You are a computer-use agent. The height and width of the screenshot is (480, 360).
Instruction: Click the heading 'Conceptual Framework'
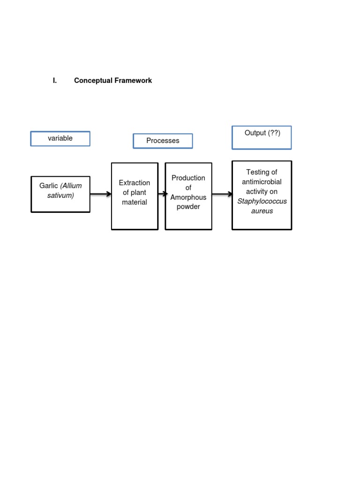click(x=113, y=81)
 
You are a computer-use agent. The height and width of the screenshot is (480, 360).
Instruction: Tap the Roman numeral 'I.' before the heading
click(x=55, y=81)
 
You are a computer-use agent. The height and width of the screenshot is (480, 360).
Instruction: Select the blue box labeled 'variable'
click(x=60, y=139)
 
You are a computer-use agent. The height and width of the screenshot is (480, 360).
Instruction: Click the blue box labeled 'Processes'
click(x=163, y=141)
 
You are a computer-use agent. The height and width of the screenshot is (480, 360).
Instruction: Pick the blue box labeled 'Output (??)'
click(x=262, y=137)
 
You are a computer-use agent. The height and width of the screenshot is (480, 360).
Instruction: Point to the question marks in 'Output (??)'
click(x=274, y=133)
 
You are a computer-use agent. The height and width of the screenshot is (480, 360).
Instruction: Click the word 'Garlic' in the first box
click(x=49, y=186)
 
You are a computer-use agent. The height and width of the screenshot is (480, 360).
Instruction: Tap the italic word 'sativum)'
click(x=60, y=195)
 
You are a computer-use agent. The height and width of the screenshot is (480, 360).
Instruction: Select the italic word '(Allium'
click(x=71, y=186)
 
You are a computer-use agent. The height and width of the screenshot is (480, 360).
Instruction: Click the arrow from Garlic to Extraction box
click(x=100, y=194)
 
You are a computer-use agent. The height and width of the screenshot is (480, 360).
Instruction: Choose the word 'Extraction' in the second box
click(x=135, y=183)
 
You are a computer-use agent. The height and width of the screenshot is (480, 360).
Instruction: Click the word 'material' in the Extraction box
click(x=135, y=202)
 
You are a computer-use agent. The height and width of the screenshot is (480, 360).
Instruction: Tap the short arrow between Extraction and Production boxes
click(x=162, y=194)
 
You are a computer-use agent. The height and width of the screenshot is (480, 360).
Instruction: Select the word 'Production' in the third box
click(x=188, y=178)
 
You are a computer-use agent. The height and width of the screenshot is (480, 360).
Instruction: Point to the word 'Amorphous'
click(x=188, y=197)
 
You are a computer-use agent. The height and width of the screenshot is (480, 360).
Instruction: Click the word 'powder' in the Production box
click(x=188, y=207)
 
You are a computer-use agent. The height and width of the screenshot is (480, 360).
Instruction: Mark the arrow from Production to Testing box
click(x=222, y=194)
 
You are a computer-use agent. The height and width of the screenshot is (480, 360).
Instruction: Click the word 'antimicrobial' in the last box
click(x=262, y=182)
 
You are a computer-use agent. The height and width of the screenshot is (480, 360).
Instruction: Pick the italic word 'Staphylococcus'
click(x=262, y=202)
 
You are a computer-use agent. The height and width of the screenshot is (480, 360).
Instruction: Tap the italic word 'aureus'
click(x=262, y=211)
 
